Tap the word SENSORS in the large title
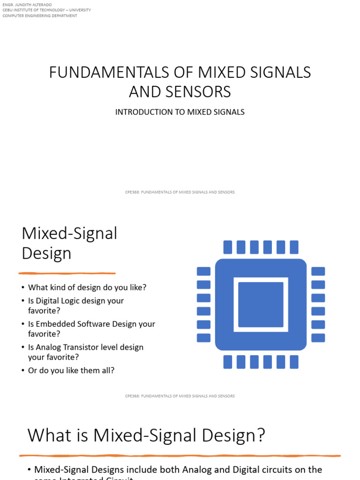point(203,92)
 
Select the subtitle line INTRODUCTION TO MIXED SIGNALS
point(180,112)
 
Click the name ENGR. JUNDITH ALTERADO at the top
point(27,4)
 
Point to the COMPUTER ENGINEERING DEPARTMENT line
point(40,15)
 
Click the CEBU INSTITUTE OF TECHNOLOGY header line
point(47,10)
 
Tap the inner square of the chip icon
point(261,305)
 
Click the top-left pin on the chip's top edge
point(227,247)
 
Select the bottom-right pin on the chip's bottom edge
point(294,362)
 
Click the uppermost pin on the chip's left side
point(203,271)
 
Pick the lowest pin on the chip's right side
point(318,337)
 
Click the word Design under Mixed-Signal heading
point(46,254)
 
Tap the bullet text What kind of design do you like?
point(87,287)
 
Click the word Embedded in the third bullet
point(55,324)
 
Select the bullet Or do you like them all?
point(71,370)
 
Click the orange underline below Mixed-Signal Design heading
point(67,273)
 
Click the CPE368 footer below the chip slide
point(180,396)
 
